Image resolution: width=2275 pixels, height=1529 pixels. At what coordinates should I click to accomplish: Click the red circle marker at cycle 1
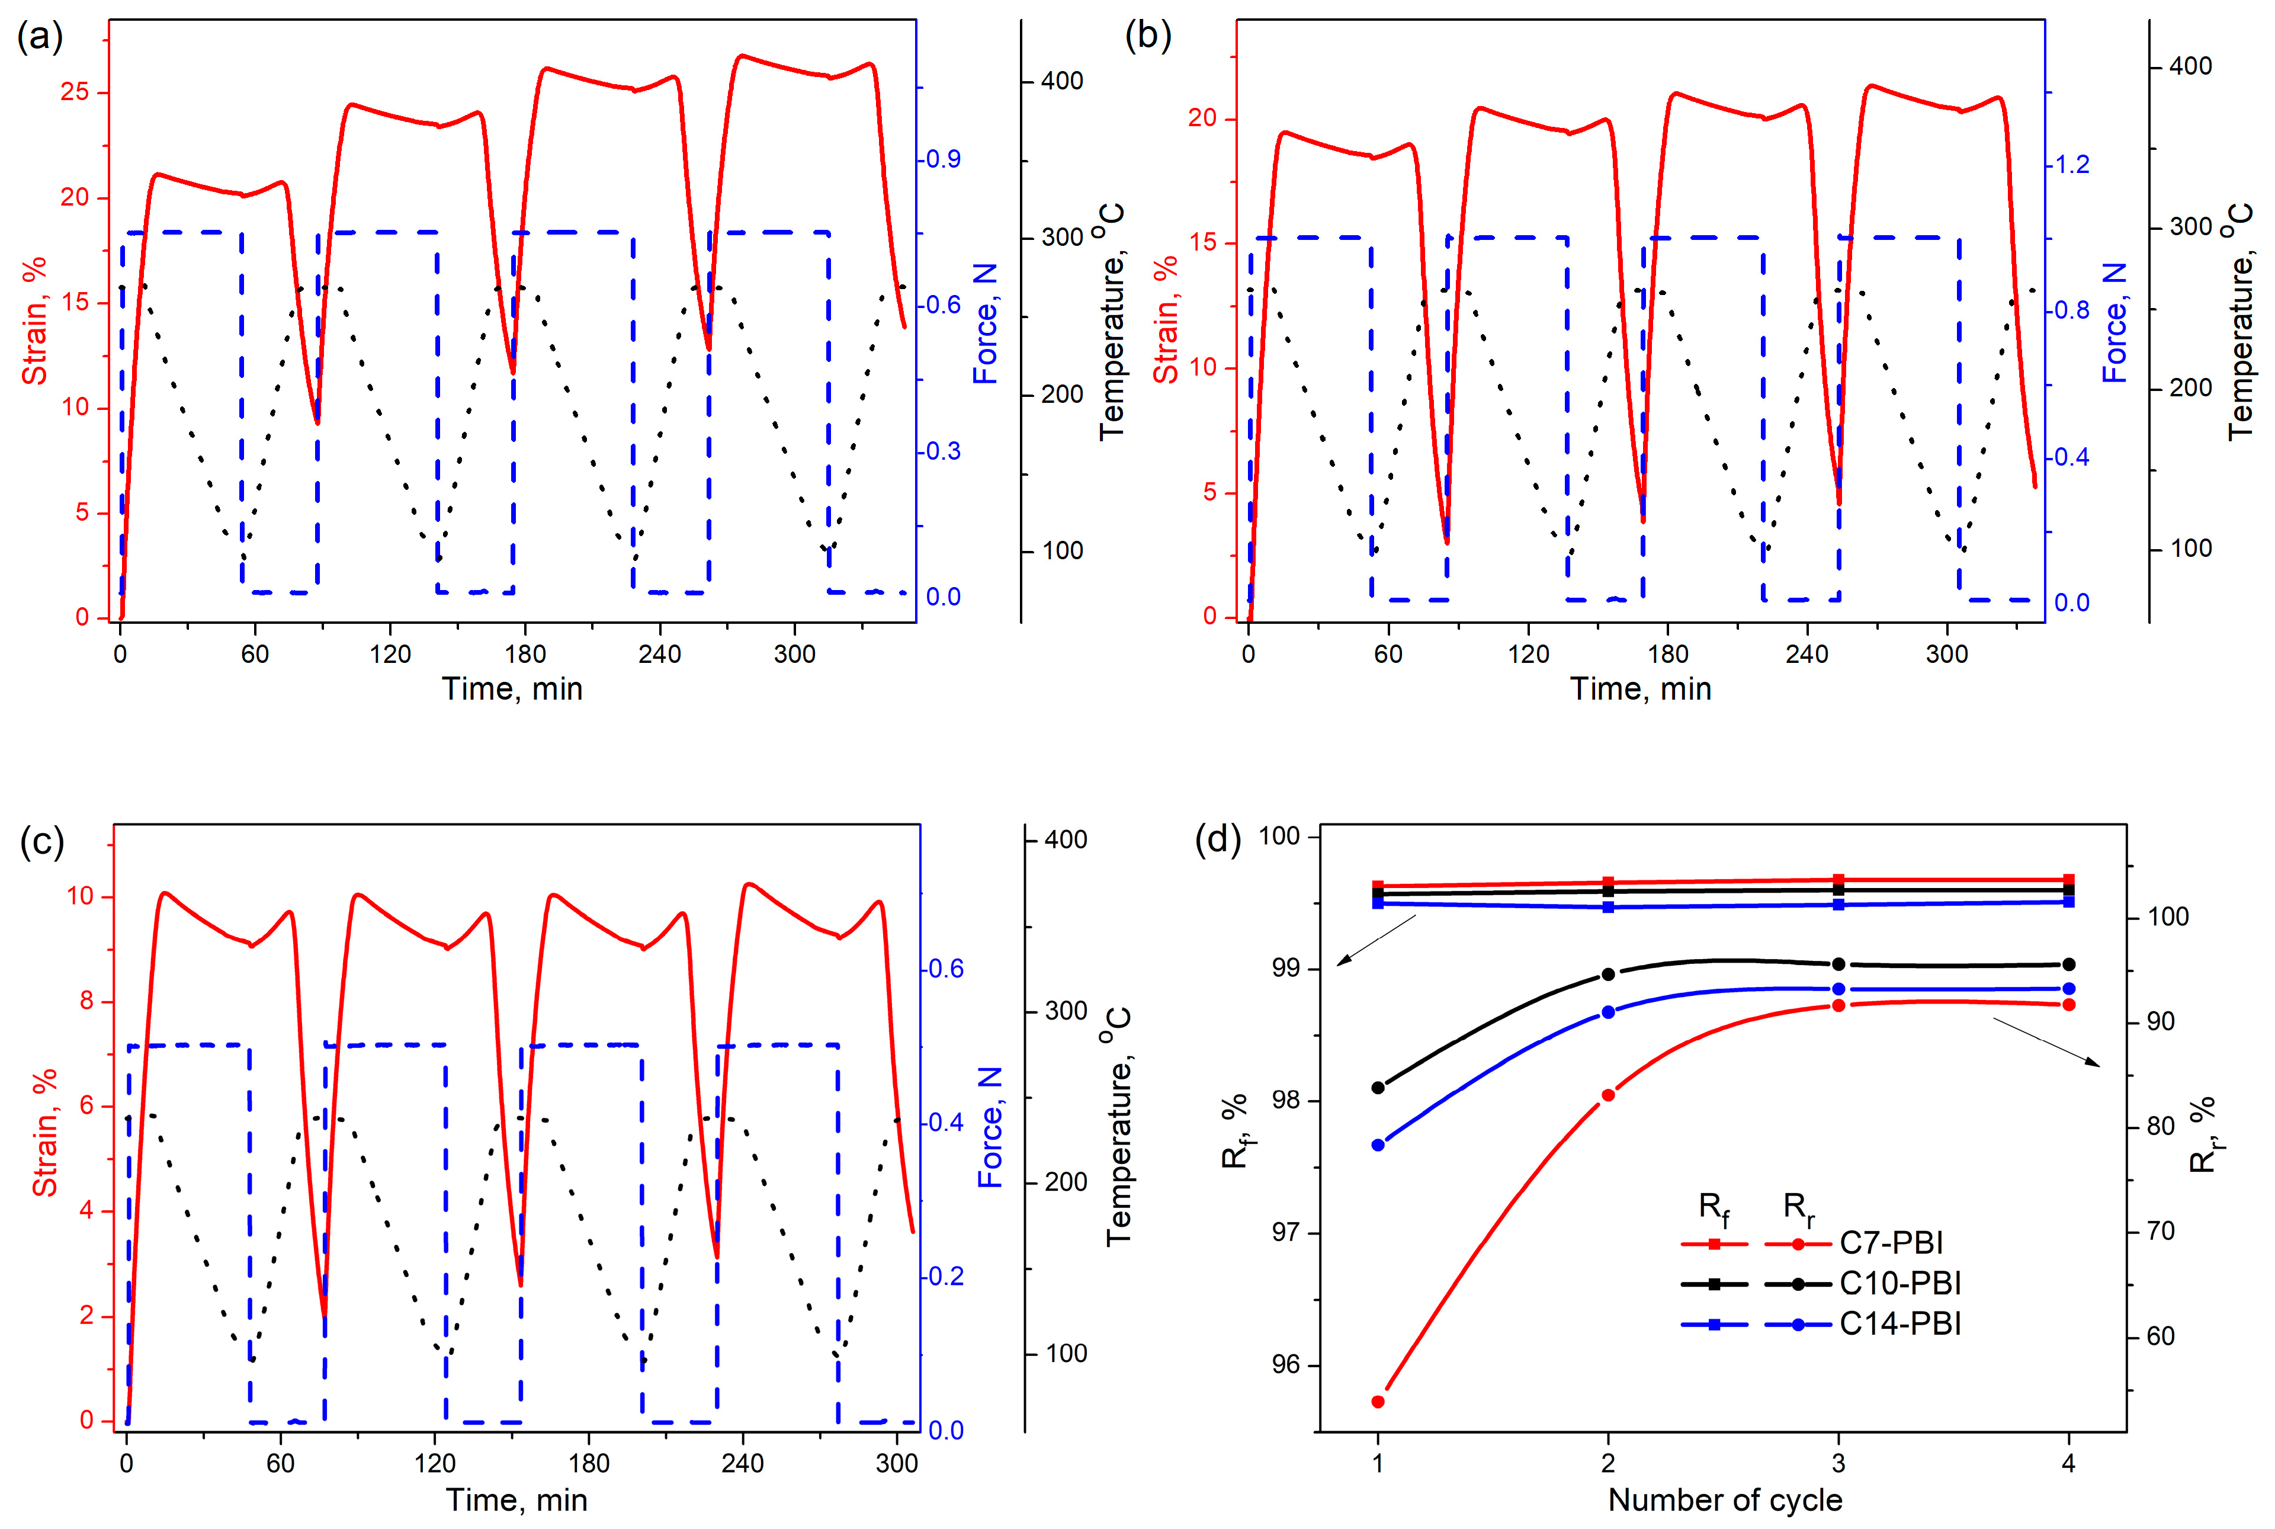tap(1377, 1401)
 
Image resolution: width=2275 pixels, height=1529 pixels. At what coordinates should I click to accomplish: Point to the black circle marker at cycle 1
tap(1377, 1087)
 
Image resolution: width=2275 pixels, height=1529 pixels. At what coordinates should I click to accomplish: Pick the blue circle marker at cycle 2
tap(1608, 1012)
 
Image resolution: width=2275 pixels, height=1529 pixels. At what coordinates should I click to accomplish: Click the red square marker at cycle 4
tap(2068, 880)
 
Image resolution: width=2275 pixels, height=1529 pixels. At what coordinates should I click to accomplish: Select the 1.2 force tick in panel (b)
tap(2072, 165)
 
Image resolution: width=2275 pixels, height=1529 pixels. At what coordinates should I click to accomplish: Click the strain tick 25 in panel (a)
tap(75, 92)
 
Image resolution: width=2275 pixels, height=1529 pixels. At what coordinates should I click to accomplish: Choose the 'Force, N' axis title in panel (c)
tap(990, 1126)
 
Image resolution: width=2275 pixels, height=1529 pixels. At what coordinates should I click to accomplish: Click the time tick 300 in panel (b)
tap(1946, 653)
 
